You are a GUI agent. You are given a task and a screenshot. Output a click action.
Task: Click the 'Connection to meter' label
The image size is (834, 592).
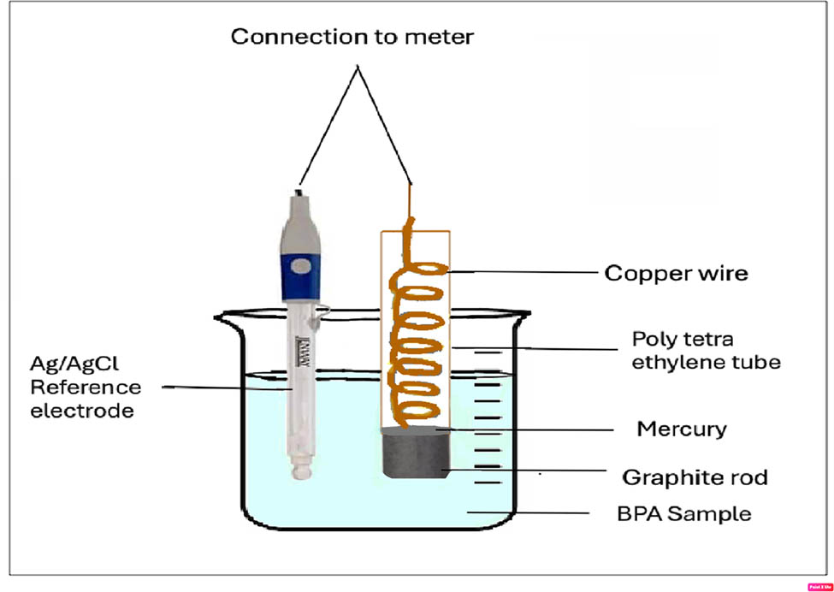coord(352,37)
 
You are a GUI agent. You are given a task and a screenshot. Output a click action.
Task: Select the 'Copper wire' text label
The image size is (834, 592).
coord(676,273)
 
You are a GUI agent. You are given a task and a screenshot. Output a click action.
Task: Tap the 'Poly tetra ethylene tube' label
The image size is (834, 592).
coord(706,350)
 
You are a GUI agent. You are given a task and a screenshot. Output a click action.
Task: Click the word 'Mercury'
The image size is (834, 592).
coord(681,429)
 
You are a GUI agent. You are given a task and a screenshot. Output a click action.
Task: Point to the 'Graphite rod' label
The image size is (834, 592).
coord(695,477)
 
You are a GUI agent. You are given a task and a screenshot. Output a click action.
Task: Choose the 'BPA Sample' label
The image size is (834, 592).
coord(684,514)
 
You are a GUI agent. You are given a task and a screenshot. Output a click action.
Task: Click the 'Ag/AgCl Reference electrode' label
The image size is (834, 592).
coord(86,388)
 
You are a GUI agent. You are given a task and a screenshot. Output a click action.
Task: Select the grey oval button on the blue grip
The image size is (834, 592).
coord(300,266)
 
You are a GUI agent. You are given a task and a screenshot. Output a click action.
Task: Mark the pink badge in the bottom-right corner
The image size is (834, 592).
coord(819,586)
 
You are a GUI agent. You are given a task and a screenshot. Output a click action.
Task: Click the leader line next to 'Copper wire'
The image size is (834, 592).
coord(522,272)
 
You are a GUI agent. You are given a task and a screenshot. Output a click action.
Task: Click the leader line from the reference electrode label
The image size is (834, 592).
coord(227,388)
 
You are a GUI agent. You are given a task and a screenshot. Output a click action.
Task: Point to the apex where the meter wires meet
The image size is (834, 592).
coord(357,68)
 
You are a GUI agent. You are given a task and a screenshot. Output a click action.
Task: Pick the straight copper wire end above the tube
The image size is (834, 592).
coord(410,205)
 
